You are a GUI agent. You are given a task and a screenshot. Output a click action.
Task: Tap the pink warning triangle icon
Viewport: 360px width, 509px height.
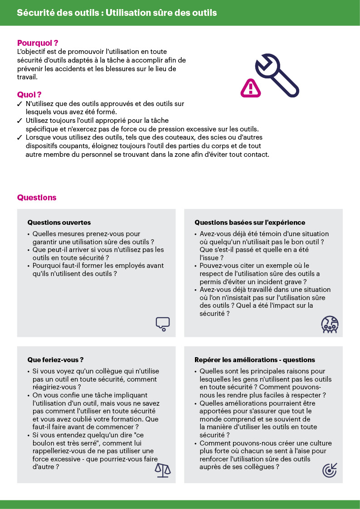coord(250,87)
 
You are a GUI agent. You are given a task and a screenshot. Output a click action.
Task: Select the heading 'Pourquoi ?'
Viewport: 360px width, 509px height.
coord(38,44)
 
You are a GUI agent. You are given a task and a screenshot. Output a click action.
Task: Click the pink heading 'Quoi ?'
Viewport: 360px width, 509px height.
coord(29,95)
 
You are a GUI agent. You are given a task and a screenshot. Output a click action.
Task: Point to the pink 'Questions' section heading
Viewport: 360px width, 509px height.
coord(37,198)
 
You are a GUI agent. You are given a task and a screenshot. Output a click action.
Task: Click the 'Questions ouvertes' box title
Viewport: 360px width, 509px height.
coord(59,223)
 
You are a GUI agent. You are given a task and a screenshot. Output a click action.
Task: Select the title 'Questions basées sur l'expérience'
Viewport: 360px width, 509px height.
coord(250,223)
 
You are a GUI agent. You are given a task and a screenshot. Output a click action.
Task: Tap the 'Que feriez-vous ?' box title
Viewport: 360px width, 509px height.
coord(55,360)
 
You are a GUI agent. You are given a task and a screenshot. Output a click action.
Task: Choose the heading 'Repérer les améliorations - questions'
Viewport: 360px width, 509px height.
coord(254,360)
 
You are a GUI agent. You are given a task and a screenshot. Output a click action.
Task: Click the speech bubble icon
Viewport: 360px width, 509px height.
coord(162,323)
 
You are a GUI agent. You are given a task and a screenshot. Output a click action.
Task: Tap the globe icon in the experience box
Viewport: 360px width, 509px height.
coord(330,325)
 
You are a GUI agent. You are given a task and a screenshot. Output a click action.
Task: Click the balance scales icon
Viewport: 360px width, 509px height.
coord(163,470)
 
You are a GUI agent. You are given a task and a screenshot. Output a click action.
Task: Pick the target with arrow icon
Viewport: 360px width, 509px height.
coord(330,470)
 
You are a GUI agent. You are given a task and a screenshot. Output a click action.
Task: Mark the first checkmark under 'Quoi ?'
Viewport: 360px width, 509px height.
coord(19,104)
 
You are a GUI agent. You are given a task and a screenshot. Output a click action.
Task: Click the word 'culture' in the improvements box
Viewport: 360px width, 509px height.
coord(320,443)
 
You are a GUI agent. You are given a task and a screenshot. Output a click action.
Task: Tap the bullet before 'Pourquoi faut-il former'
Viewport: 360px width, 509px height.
coord(29,266)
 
